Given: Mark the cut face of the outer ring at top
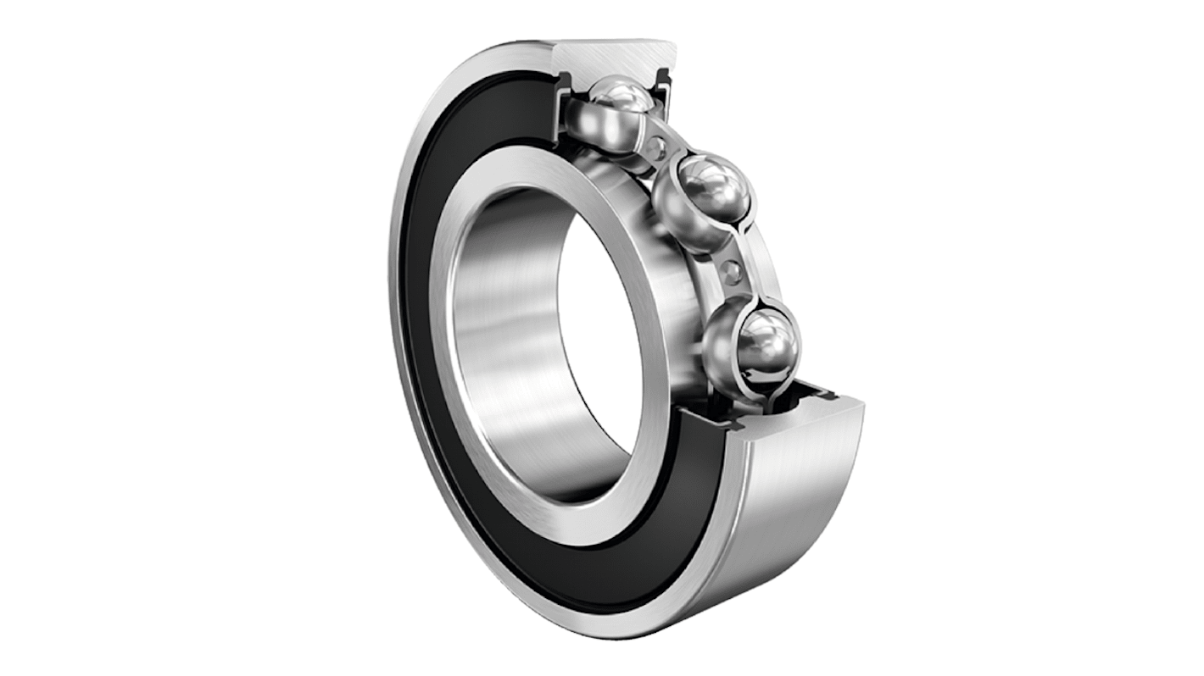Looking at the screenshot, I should point(610,56).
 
